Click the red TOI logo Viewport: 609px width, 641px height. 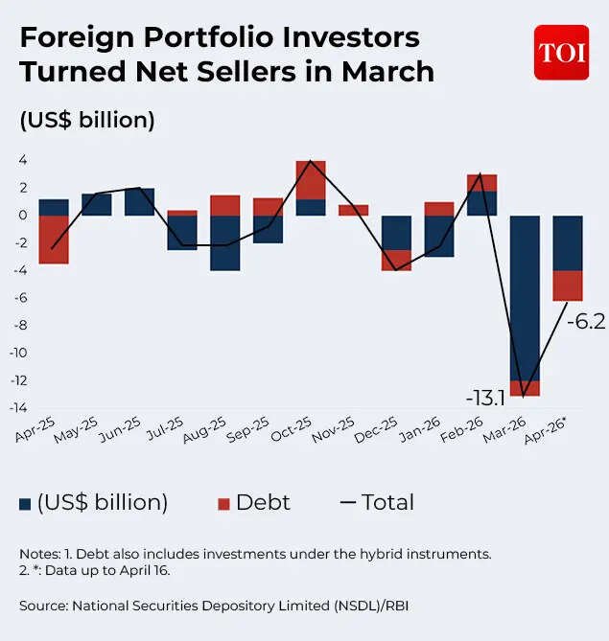pos(561,53)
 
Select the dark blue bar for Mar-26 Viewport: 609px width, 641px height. pos(525,297)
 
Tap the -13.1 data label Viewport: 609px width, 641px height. pos(486,397)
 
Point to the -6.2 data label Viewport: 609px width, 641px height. pos(585,322)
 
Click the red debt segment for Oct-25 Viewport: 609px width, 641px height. pos(311,180)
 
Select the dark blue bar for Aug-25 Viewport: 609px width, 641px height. pos(225,242)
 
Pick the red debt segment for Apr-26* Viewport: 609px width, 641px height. pos(568,286)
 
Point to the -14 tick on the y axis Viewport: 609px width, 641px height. pos(16,408)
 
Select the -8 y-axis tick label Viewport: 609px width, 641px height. pos(18,326)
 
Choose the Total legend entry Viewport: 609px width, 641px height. pos(377,503)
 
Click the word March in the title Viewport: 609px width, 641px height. pos(381,72)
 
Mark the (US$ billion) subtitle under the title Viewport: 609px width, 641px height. pos(87,121)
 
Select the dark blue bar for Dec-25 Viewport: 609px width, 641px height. pos(396,233)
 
